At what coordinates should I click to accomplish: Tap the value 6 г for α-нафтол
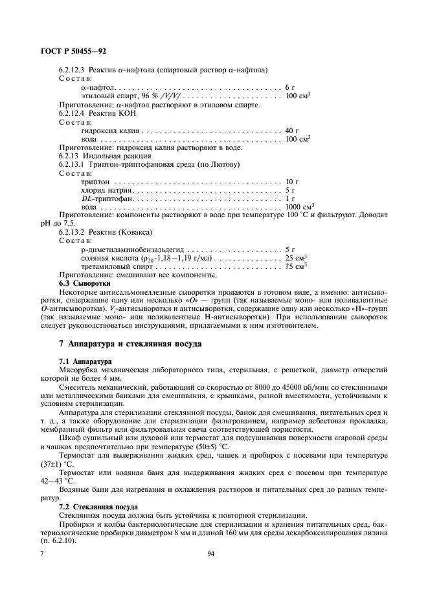(289, 87)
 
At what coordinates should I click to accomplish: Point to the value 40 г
(291, 130)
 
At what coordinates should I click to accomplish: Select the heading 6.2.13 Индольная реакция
(105, 156)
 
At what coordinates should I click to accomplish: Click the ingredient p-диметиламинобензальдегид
(133, 249)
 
